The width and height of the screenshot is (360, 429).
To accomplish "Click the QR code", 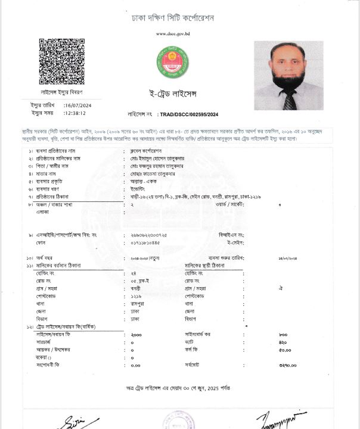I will pos(61,62).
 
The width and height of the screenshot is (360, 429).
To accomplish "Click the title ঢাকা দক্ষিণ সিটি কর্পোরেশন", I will pos(172,18).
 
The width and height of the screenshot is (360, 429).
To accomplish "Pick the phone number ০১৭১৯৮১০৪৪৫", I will pos(145,243).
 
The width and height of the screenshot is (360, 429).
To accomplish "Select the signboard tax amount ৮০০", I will pos(283,335).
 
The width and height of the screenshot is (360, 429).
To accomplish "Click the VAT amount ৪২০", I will pos(283,342).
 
